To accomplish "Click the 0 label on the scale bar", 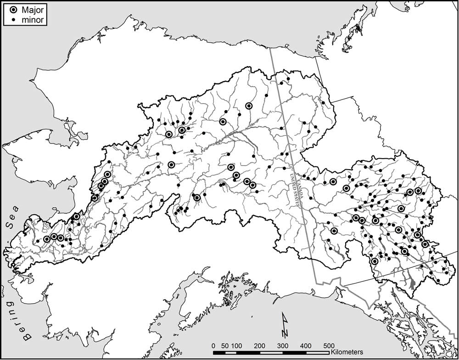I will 213,345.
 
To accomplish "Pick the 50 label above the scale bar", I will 225,345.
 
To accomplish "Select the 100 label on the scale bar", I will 237,345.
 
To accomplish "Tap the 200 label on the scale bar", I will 260,345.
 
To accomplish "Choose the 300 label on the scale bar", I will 283,345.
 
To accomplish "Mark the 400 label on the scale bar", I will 306,345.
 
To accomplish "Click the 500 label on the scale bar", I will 329,345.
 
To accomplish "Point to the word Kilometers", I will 347,352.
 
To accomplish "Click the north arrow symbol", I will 285,324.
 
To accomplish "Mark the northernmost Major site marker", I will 249,105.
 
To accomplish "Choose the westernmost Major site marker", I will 47,239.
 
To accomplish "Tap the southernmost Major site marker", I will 375,261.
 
